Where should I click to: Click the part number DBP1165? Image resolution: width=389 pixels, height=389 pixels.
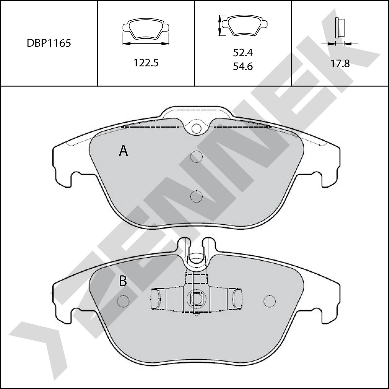pos(49,43)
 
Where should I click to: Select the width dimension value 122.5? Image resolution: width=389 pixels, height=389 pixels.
pos(145,63)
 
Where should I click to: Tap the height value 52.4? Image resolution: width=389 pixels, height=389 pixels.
pos(243,53)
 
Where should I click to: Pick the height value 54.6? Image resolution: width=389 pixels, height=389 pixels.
pos(243,66)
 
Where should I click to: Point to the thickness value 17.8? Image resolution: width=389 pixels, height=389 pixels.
pos(340,63)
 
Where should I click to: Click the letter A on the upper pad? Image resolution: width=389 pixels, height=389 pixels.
pos(123,151)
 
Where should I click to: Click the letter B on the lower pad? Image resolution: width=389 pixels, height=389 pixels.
pos(123,281)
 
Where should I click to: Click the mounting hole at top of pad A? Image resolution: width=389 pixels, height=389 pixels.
pos(196,128)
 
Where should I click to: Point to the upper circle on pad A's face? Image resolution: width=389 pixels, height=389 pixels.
pos(196,156)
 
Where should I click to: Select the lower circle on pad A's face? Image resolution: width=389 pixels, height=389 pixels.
pos(196,196)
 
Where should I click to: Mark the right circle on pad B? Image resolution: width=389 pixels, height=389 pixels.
pos(270,300)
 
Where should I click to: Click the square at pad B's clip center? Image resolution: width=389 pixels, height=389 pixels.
pos(196,298)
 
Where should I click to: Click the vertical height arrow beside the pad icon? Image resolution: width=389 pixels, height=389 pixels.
pos(220,25)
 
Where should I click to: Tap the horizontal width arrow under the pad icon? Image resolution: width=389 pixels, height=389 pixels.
pos(146,44)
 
